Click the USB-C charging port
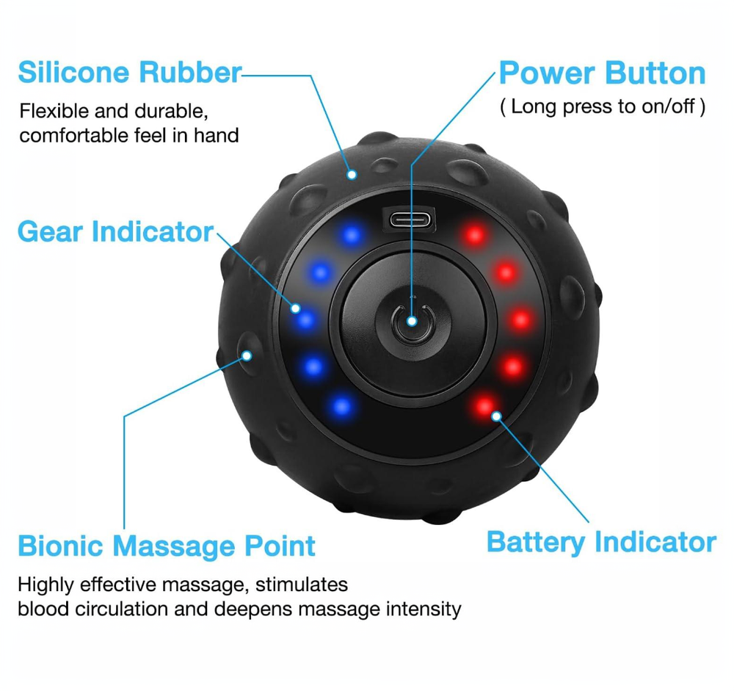[x=410, y=219]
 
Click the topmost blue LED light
[x=352, y=236]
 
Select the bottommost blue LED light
[x=342, y=404]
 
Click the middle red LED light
[x=520, y=319]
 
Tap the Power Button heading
[x=602, y=74]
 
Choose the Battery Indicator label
[x=601, y=543]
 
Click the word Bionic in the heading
[x=63, y=546]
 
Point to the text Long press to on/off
[x=602, y=106]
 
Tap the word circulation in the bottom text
[x=120, y=609]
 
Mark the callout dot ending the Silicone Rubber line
[x=352, y=175]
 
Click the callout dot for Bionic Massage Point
[x=247, y=355]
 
